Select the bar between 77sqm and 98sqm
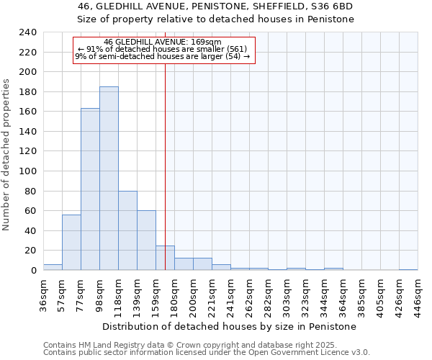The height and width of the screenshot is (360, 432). click(90, 189)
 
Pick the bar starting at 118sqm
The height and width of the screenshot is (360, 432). click(127, 230)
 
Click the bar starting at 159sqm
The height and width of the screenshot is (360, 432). click(165, 258)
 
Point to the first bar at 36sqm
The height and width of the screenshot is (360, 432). click(53, 267)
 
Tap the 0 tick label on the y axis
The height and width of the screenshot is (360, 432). click(33, 270)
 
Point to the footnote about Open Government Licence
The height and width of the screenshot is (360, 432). click(207, 352)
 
